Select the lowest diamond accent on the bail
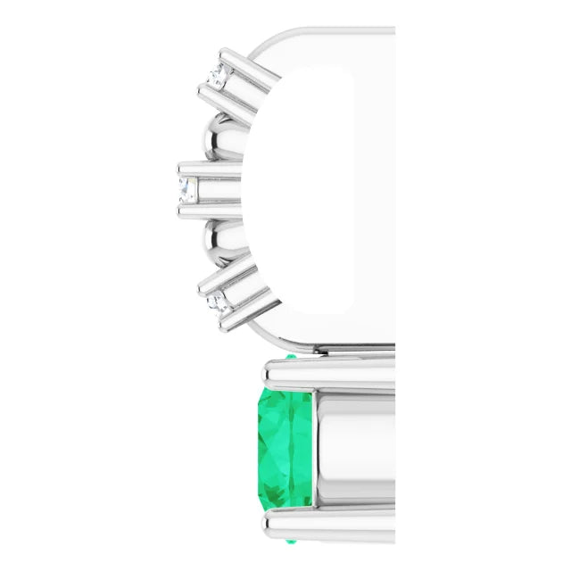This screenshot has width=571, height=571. tap(217, 304)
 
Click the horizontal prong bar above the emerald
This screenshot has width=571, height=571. tap(330, 376)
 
